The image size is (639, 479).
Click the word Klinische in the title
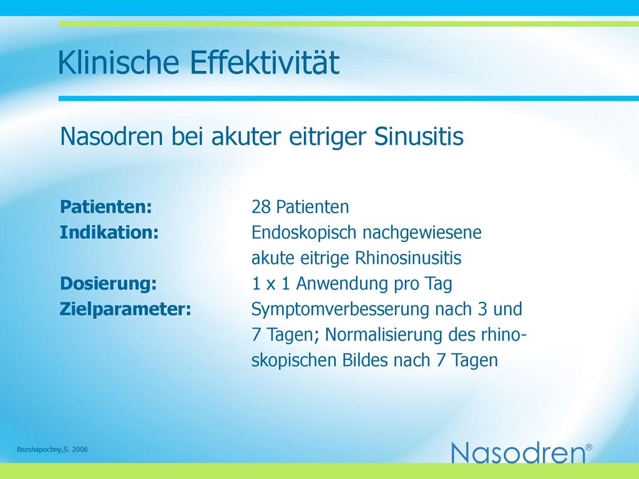pos(119,62)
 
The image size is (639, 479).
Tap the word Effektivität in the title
pos(265,62)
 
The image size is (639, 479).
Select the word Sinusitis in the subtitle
pos(419,136)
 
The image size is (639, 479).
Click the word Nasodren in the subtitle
pos(111,136)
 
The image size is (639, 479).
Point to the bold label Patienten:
pos(106,206)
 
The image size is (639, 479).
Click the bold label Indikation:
pos(109,232)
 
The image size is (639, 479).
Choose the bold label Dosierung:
pos(109,284)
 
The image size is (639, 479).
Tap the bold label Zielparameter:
pos(125,309)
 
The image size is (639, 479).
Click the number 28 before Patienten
pos(261,207)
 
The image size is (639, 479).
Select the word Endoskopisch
pos(304,233)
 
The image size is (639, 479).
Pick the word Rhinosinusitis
pos(408,258)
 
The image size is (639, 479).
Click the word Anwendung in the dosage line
pos(342,284)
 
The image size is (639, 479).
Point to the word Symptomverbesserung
pos(340,310)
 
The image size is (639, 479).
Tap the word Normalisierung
pos(384,335)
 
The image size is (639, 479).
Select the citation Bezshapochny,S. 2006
pos(52,450)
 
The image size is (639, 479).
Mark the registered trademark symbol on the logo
pos(589,447)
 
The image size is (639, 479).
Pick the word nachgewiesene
pos(422,233)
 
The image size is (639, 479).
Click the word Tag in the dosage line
pos(439,284)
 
